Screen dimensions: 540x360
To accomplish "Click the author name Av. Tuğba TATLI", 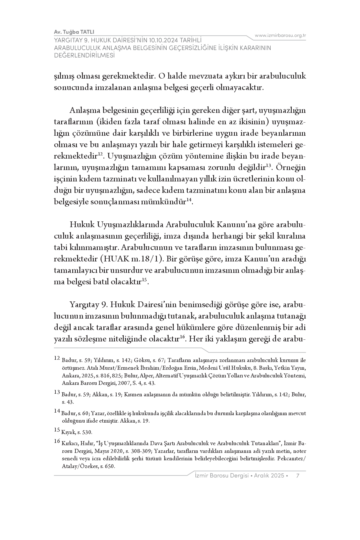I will tap(74, 32).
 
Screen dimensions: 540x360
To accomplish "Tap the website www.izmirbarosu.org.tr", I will tap(280, 35).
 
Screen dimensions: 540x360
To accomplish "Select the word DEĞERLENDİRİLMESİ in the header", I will tap(84, 55).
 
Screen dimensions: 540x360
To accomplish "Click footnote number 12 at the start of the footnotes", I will tap(57, 358).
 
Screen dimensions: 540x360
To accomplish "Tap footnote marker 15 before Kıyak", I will tap(57, 429).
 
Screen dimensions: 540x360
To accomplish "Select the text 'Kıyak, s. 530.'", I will tap(77, 432).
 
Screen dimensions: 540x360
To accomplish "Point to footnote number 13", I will tap(57, 392).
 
